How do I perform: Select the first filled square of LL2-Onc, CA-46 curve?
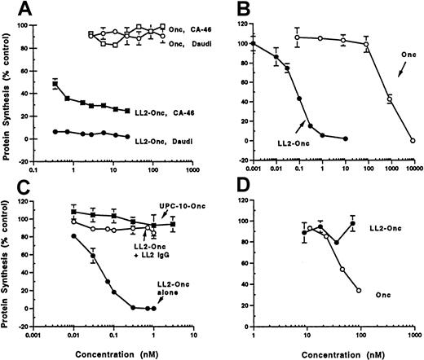coord(55,84)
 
